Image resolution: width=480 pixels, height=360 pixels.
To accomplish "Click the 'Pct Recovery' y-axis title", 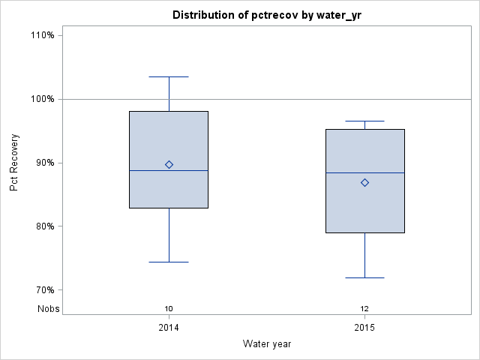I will pos(14,163).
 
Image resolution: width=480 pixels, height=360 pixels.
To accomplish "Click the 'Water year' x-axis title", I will pos(267,343).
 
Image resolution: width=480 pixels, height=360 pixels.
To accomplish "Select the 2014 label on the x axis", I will pos(169,328).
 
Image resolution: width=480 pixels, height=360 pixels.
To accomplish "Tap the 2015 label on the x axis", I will pos(364,328).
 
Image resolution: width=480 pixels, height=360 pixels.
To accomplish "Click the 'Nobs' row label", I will pos(49,309).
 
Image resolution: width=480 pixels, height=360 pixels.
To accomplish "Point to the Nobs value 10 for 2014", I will pos(169,309).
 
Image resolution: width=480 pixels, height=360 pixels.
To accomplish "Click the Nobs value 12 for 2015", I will pos(364,309).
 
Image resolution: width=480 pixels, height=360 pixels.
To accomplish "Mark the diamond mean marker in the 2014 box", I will pos(169,164).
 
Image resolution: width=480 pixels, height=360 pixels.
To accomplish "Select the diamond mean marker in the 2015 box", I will pos(364,182).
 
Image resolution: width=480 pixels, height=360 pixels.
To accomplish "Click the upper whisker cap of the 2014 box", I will pos(169,76).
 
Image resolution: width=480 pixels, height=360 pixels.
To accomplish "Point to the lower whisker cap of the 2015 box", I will pos(364,277).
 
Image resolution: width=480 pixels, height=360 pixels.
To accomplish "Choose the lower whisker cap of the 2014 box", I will pos(169,262).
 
